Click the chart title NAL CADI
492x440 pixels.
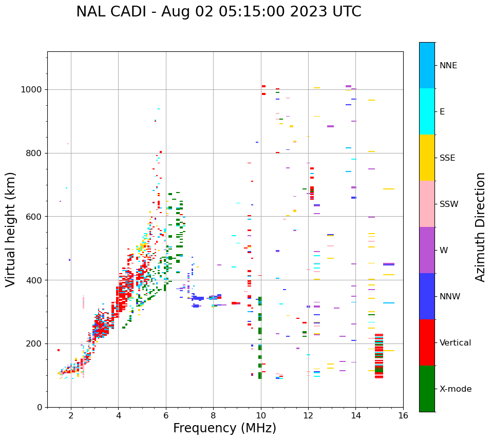(x=218, y=12)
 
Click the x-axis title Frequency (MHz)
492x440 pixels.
(x=224, y=428)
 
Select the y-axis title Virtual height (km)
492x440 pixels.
(x=11, y=229)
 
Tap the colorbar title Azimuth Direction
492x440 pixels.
(x=480, y=227)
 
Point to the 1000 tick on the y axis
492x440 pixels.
(x=34, y=90)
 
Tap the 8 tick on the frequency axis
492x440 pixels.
(x=213, y=415)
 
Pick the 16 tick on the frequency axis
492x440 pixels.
(x=403, y=415)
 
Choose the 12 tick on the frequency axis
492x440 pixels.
(x=308, y=415)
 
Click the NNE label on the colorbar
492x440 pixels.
(x=448, y=66)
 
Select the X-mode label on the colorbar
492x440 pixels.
(x=456, y=389)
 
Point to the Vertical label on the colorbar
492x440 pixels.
(x=456, y=343)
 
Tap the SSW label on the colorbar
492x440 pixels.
(x=449, y=204)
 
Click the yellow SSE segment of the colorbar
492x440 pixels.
(x=427, y=158)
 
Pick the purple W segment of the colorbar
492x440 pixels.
(x=427, y=250)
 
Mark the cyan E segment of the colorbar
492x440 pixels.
(x=427, y=111)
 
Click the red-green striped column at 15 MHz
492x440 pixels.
(x=379, y=356)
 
